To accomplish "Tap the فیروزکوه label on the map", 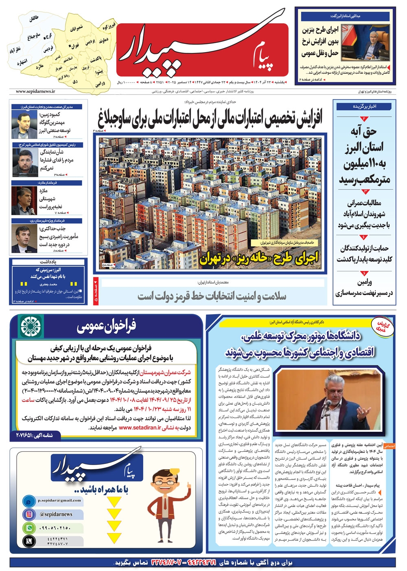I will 109,27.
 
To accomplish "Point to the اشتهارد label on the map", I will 22,62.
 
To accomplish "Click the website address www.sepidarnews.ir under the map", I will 35,92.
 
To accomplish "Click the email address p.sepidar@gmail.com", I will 59,501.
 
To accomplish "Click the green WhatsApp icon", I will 29,528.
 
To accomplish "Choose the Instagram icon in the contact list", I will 29,514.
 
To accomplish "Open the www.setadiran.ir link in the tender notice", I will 140,428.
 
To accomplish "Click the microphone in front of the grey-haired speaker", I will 328,403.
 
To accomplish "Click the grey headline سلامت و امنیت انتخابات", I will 212,296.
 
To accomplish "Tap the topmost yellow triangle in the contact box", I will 114,501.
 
